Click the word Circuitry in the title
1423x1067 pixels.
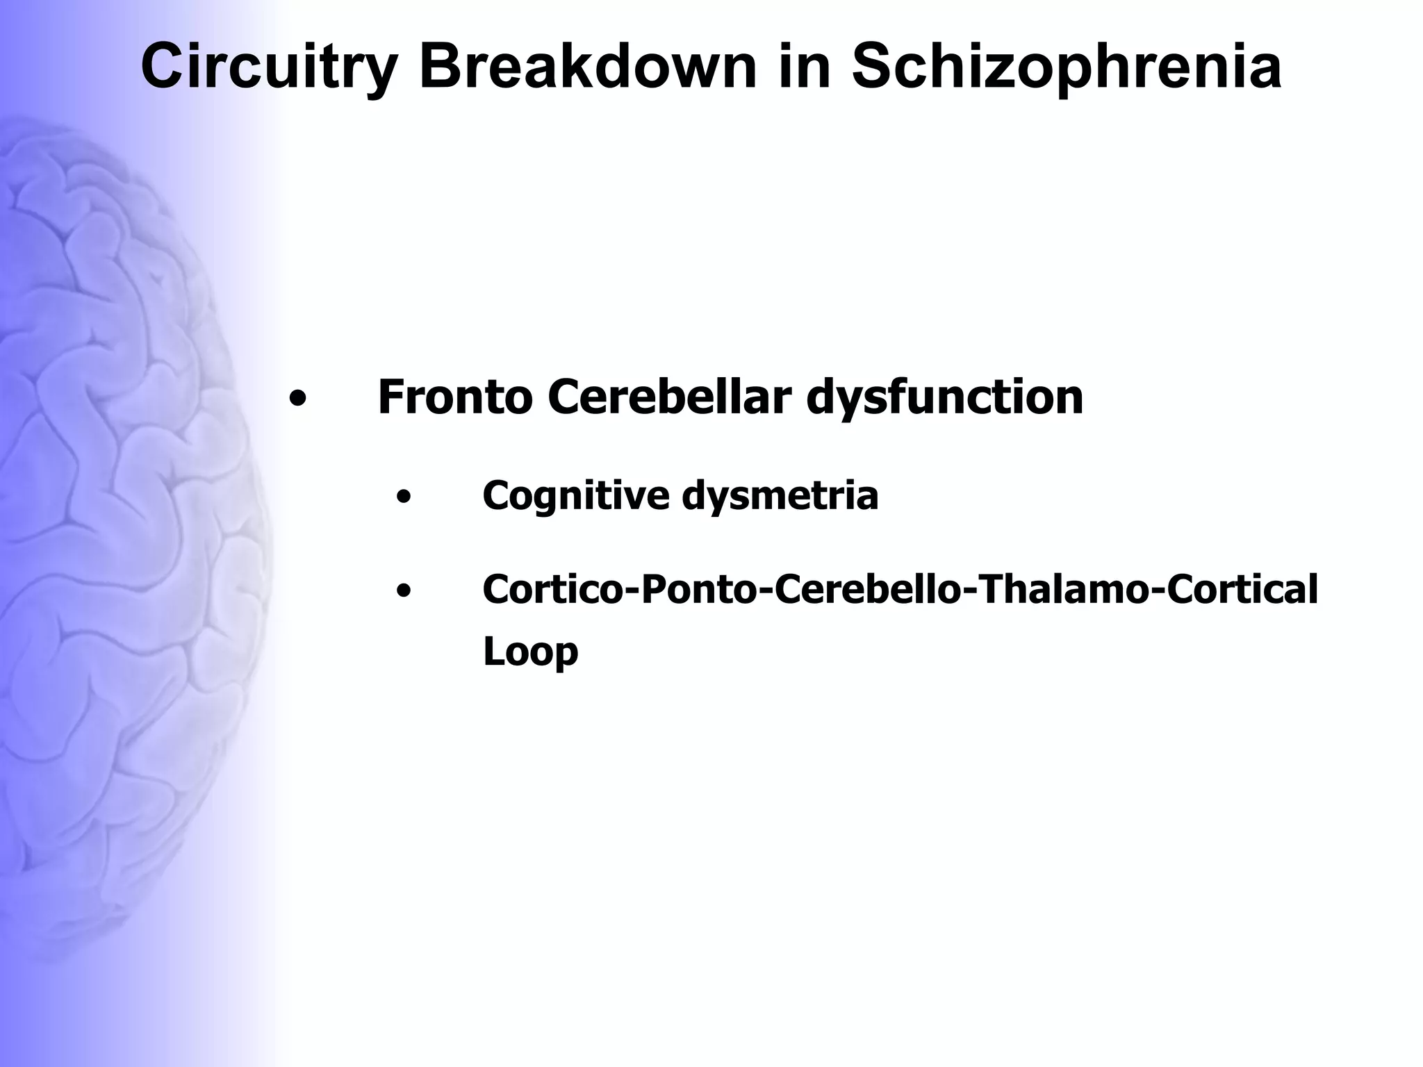268,67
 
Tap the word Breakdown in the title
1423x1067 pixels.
587,67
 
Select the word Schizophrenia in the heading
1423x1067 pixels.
1067,67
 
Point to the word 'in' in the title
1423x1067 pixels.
804,67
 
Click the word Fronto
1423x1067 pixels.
455,397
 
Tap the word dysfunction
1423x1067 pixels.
944,399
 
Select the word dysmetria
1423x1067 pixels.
780,496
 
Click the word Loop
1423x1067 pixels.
530,652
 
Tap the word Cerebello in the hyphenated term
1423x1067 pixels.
871,590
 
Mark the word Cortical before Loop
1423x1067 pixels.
1242,590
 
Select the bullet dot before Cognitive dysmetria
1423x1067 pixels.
402,498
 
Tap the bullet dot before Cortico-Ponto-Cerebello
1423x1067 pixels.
402,592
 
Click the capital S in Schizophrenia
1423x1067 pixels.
871,67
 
